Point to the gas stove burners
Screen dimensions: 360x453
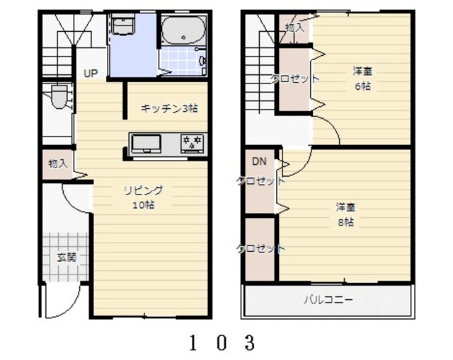coord(192,144)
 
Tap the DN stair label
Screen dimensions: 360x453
coord(259,162)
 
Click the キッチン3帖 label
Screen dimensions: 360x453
coord(169,108)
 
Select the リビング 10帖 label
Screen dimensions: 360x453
coord(143,197)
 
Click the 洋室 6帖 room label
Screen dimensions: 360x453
coord(362,79)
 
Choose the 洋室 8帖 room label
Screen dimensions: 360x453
coord(345,214)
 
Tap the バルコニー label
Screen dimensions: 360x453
coord(328,300)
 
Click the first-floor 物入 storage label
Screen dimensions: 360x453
coord(57,163)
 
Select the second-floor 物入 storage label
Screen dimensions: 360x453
coord(294,28)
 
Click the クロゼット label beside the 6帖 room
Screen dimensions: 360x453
coord(295,79)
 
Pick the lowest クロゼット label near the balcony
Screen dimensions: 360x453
coord(260,248)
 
